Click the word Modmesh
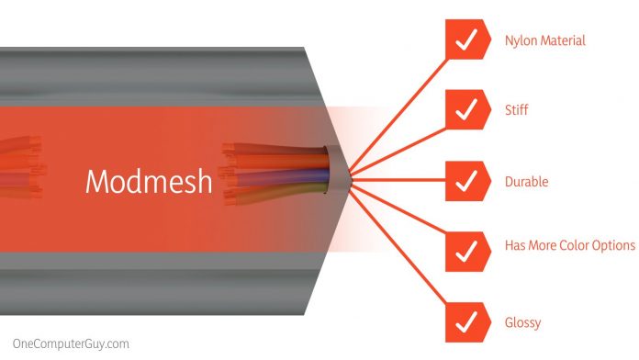[148, 181]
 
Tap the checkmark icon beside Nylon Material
[466, 40]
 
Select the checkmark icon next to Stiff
[466, 110]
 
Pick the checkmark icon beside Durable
[466, 181]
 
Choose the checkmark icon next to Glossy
[466, 321]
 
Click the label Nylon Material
[544, 41]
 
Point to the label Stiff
[516, 111]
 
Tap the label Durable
[526, 182]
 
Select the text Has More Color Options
[569, 246]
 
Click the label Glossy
[522, 322]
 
